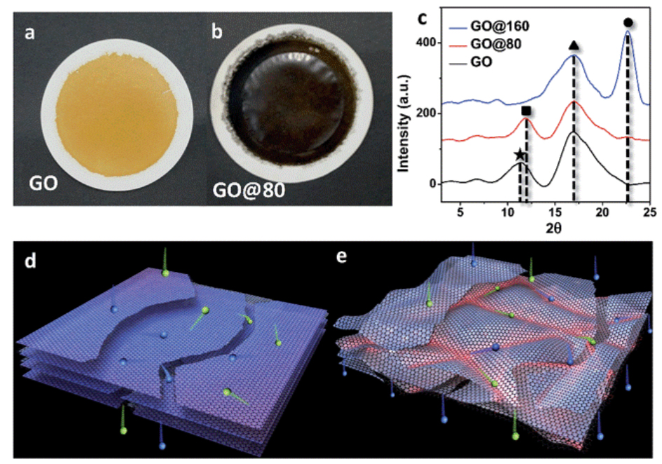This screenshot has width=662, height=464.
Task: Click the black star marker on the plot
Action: (x=519, y=155)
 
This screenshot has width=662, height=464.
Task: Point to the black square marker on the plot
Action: (x=527, y=111)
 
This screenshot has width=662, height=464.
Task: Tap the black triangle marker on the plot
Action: (x=574, y=46)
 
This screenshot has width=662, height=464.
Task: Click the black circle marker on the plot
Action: (x=628, y=22)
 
